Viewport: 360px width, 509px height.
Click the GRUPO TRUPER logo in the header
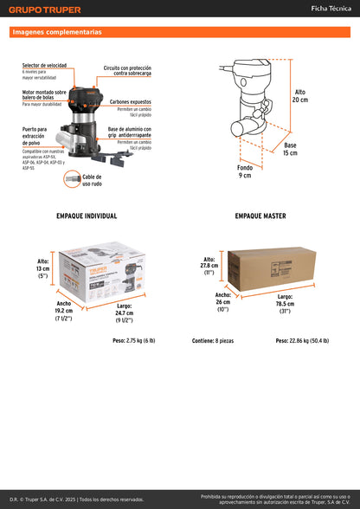coord(45,10)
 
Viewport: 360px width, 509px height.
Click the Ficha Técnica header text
coord(331,8)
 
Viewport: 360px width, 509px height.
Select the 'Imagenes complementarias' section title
coord(56,32)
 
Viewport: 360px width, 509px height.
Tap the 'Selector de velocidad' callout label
coord(45,66)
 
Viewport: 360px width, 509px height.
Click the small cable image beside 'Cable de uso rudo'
coord(72,178)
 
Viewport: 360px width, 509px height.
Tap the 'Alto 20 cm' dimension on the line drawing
coord(300,95)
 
